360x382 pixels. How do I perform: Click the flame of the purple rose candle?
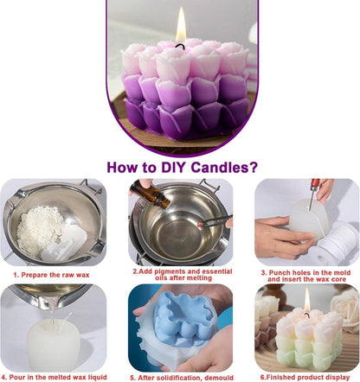pyautogui.click(x=181, y=25)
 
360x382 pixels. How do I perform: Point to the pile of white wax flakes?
pyautogui.click(x=41, y=230)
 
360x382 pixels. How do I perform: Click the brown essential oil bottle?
pyautogui.click(x=150, y=194)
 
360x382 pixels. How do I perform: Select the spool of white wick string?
pyautogui.click(x=337, y=244)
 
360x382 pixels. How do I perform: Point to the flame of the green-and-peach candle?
pyautogui.click(x=307, y=300)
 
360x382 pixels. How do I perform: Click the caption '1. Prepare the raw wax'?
pyautogui.click(x=51, y=275)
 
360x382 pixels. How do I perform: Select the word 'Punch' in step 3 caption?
pyautogui.click(x=280, y=272)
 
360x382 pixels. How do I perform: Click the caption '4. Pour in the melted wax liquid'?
pyautogui.click(x=54, y=377)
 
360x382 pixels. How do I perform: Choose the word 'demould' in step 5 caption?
pyautogui.click(x=219, y=378)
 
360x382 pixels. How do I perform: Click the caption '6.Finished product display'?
pyautogui.click(x=305, y=377)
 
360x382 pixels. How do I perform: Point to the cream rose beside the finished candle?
pyautogui.click(x=345, y=309)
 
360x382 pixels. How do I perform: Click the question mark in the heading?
pyautogui.click(x=253, y=168)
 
